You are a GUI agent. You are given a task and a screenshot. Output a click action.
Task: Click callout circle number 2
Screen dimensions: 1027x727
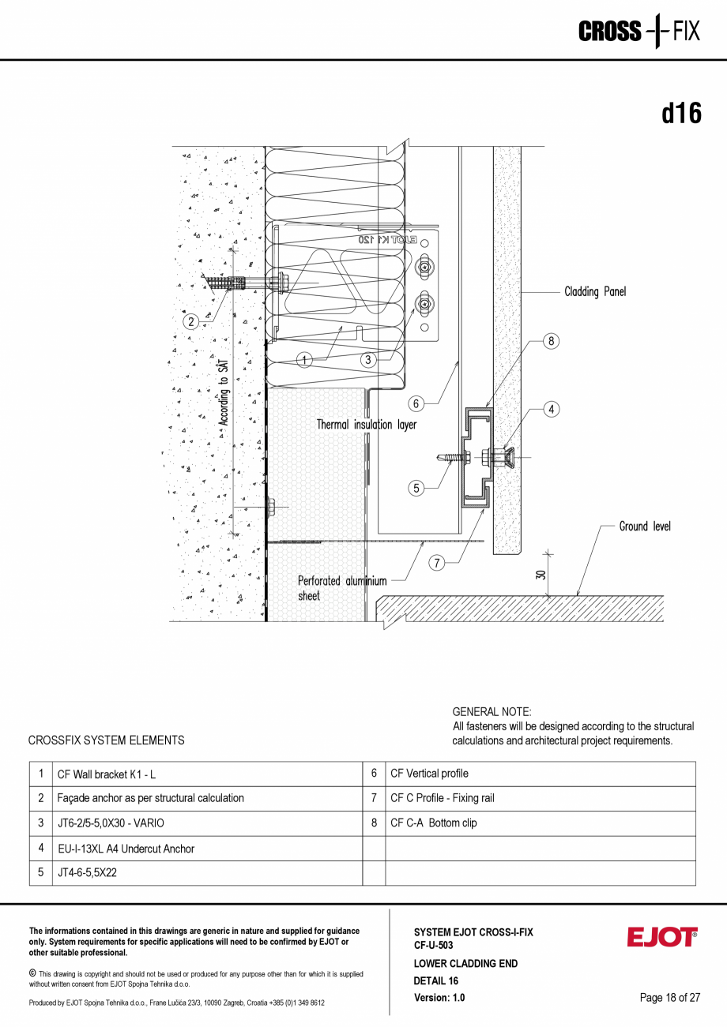[190, 321]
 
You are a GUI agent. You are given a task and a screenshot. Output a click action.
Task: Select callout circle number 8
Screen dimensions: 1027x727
[552, 341]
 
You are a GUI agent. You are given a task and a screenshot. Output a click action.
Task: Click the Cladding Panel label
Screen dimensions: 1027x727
[594, 292]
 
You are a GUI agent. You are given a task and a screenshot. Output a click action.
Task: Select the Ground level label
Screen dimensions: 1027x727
[644, 527]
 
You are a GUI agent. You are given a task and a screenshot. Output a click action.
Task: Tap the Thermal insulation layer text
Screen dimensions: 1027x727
[366, 425]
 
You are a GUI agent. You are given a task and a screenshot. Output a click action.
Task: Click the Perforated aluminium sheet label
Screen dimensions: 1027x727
[341, 588]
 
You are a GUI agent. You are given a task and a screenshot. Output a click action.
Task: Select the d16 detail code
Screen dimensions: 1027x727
[681, 114]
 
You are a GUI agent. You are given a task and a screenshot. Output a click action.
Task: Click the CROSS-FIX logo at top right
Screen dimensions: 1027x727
[638, 31]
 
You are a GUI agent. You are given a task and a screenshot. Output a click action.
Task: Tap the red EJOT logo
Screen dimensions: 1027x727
[662, 937]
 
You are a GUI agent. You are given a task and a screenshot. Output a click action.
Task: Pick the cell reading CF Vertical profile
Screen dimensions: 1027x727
[429, 774]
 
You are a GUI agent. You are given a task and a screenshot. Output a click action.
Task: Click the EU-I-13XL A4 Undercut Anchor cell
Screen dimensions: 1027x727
[126, 849]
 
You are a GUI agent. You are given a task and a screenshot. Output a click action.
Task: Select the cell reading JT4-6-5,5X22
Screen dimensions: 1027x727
[87, 873]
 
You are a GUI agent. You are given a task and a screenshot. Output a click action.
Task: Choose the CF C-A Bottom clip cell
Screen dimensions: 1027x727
[433, 823]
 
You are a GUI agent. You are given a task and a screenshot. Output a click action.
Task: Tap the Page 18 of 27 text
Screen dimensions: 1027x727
[669, 998]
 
